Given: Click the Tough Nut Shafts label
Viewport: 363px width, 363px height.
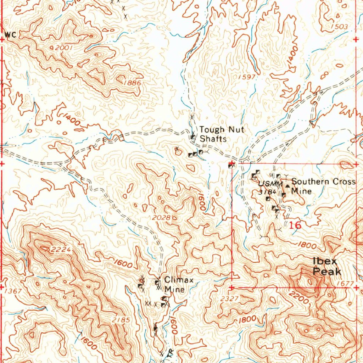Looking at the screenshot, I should click(221, 134).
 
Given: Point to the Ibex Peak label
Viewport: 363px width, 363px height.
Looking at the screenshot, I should click(326, 267).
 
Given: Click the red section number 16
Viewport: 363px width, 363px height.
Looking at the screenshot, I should click(295, 225).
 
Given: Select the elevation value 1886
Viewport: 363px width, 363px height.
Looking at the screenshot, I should click(132, 83).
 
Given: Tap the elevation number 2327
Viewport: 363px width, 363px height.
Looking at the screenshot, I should click(229, 299).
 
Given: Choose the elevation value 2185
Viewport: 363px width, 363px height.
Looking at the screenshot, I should click(121, 320).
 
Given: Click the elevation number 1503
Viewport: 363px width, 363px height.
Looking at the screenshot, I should click(339, 27).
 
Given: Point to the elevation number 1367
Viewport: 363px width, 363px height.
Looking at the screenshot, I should click(14, 291).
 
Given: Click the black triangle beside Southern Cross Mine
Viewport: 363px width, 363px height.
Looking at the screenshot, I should click(287, 185).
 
